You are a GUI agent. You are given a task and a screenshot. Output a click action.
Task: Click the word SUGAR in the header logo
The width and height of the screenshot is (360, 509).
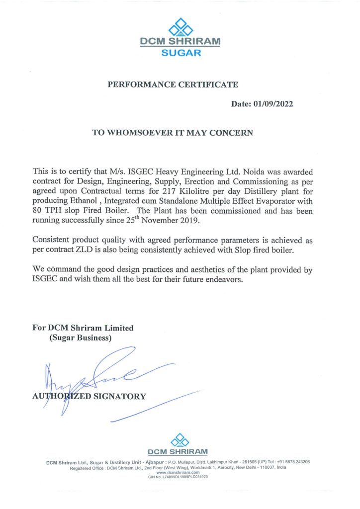(181, 53)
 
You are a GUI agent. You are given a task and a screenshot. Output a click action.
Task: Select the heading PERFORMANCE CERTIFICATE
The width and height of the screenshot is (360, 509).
(173, 85)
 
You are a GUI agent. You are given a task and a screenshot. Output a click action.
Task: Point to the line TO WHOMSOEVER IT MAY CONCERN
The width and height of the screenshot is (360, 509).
(173, 133)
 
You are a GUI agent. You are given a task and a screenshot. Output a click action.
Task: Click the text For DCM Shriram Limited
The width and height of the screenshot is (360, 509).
(83, 328)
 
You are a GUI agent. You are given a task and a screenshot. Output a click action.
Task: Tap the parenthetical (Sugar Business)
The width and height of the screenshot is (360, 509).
(80, 338)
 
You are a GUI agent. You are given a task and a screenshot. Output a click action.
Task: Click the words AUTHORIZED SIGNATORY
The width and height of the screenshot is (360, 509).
(89, 396)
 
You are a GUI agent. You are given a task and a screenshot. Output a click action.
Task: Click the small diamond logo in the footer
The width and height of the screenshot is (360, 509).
(180, 439)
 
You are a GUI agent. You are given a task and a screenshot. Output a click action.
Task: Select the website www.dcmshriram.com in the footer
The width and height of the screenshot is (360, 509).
(178, 472)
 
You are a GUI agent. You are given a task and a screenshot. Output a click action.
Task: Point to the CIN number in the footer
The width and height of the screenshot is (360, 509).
(178, 477)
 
